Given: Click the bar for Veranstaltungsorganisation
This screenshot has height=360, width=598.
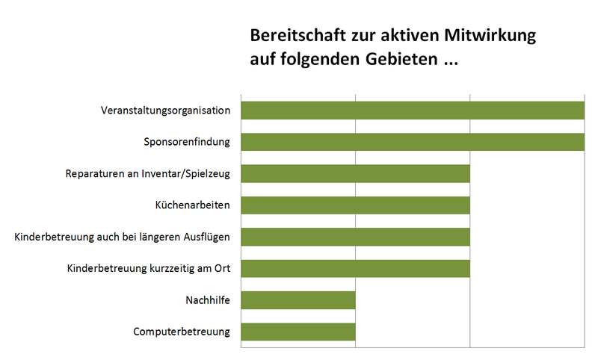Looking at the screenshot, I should (x=412, y=110).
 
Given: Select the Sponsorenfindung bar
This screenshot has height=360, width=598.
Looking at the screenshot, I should (x=412, y=141).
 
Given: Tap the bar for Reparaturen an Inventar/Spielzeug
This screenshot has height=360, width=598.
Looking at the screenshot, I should (x=355, y=173).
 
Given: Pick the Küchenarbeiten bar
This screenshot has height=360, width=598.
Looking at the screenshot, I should (x=355, y=205).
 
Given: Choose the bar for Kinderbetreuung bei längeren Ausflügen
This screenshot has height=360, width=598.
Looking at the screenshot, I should (x=355, y=237).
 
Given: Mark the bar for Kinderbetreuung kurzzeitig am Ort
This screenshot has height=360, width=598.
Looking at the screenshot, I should (x=355, y=268).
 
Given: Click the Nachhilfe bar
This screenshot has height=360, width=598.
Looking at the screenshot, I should (x=298, y=300).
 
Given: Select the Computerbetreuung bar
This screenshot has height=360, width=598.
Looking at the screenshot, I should (x=298, y=332).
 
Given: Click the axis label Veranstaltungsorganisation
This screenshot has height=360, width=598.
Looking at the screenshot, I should (x=165, y=111).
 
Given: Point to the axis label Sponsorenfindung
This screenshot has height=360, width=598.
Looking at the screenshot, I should (x=187, y=142).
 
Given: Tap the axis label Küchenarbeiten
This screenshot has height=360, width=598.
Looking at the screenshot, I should (x=192, y=205).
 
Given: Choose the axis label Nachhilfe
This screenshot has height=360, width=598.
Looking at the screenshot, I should (x=207, y=300).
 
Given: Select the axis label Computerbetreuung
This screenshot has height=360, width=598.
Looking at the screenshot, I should (x=182, y=332).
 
